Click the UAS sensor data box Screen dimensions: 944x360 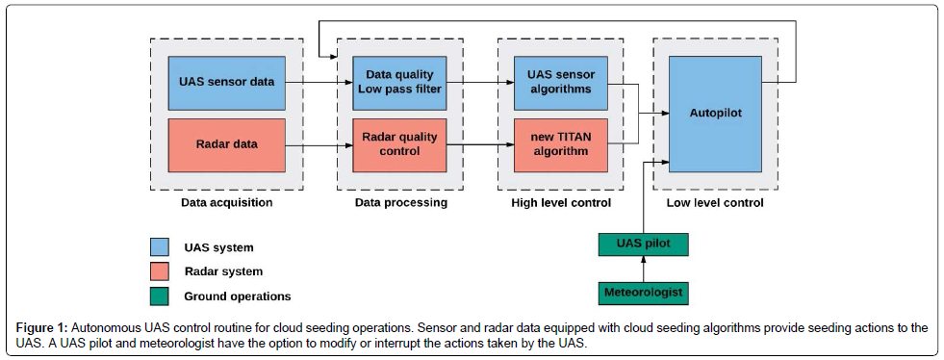point(226,83)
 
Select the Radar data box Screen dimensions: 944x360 point(226,145)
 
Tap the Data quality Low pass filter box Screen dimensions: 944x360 point(399,83)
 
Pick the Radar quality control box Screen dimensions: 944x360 point(399,145)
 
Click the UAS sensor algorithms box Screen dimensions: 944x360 point(561,83)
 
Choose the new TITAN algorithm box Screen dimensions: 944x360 point(561,145)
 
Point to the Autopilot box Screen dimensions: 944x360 point(716,114)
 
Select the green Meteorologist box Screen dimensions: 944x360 point(643,293)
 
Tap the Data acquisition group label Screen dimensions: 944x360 point(226,203)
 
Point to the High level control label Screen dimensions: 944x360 point(561,203)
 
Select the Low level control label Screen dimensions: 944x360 point(715,203)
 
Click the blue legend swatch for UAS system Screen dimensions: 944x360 point(159,246)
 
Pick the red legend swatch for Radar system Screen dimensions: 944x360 point(159,271)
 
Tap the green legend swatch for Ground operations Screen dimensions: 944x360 point(159,296)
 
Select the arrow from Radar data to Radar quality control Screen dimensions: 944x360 point(319,145)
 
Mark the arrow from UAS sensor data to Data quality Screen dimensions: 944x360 point(319,83)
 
